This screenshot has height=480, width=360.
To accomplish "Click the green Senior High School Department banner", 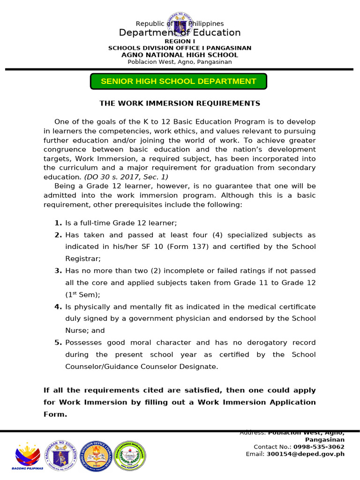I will click(x=179, y=81).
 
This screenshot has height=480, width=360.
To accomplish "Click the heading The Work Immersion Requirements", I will click(x=180, y=103).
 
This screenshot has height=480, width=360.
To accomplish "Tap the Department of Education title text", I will click(x=180, y=32).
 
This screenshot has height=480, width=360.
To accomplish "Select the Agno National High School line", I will click(x=180, y=55).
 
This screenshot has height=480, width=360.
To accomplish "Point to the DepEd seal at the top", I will click(x=180, y=26).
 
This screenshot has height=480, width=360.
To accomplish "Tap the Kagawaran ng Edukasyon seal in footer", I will click(x=62, y=455).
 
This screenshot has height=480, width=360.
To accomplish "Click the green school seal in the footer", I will click(x=129, y=455).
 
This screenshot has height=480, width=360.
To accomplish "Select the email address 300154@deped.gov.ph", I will click(x=305, y=454).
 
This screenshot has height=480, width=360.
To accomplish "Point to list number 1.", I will click(x=58, y=223).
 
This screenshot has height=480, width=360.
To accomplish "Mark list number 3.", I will click(x=58, y=271).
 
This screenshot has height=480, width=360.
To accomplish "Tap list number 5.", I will click(x=58, y=343).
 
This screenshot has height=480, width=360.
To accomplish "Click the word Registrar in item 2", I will click(x=82, y=259).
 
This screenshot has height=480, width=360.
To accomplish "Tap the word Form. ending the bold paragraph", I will click(x=55, y=414).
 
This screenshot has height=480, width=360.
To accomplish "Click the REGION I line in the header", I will click(x=180, y=41).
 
